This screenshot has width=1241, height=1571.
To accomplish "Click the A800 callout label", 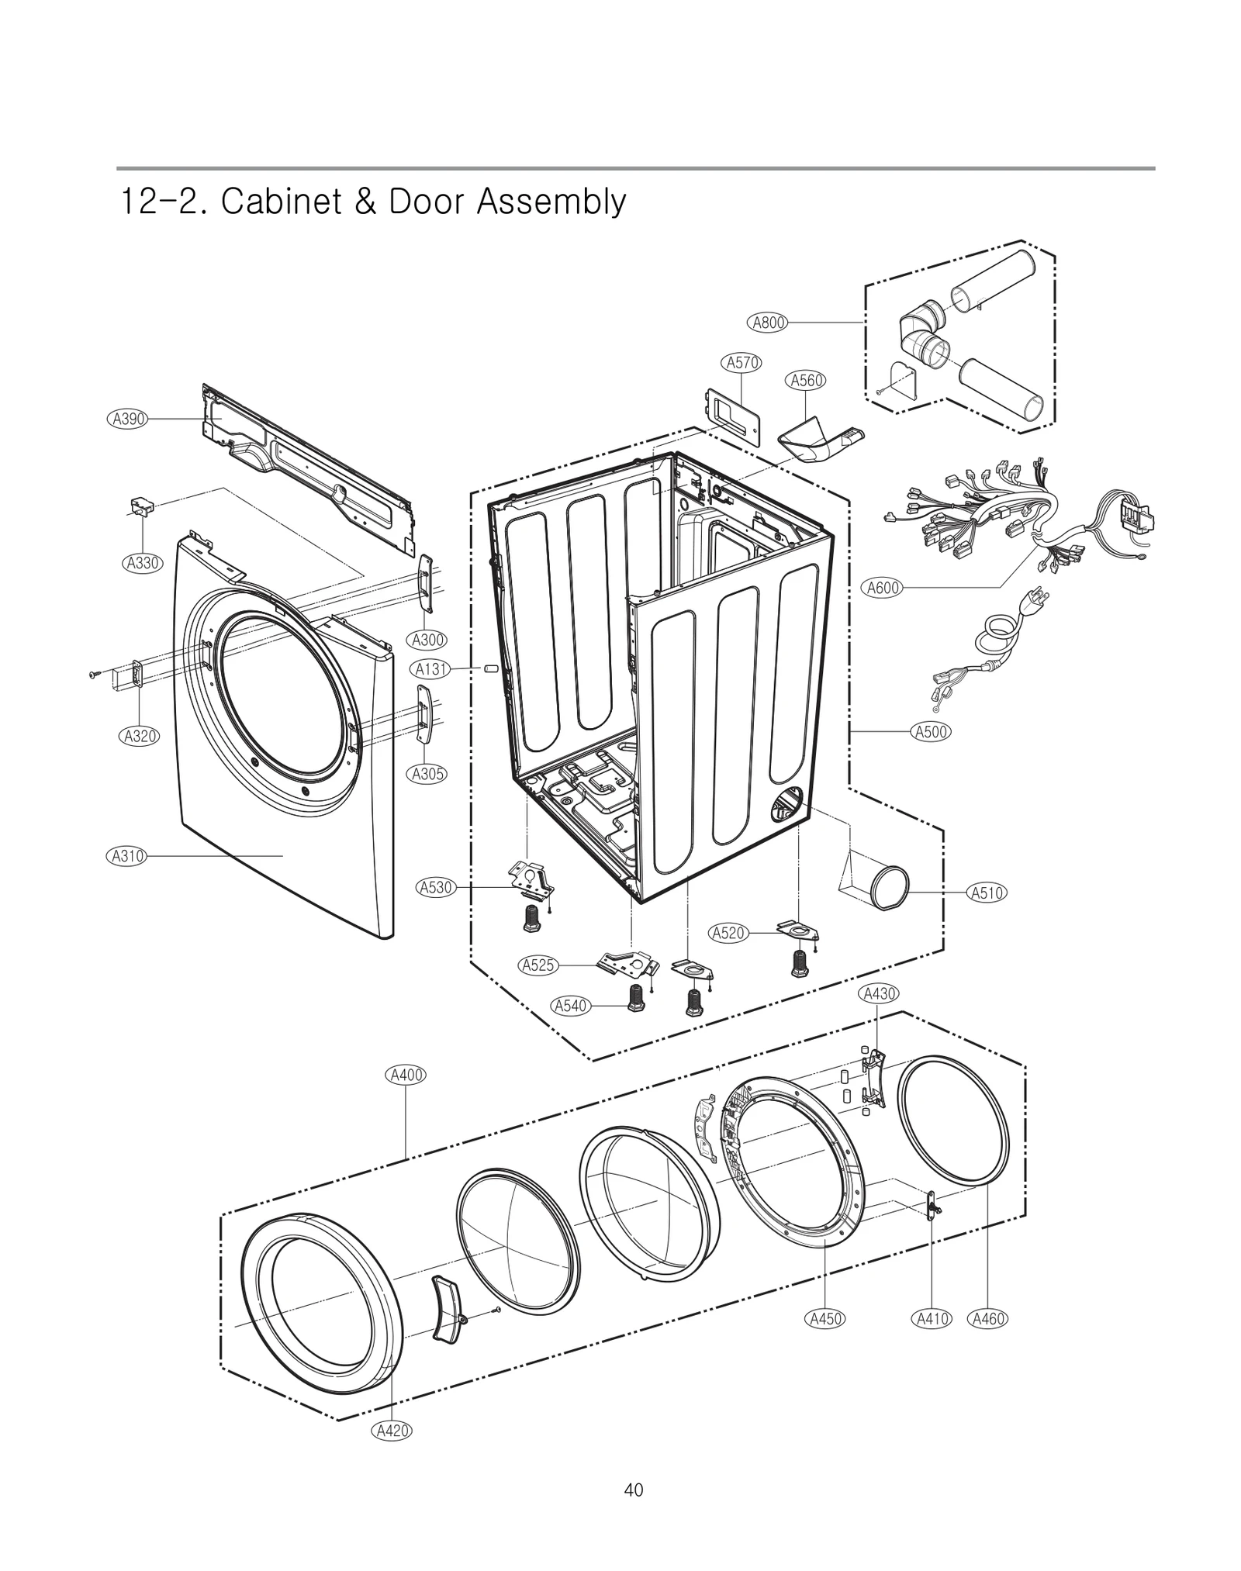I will tap(768, 323).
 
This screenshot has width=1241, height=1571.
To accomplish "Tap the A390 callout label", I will tap(126, 419).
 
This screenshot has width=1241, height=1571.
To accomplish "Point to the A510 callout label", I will tap(987, 893).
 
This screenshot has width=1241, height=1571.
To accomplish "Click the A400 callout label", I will tap(406, 1075).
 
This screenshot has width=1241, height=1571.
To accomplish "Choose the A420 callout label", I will tap(392, 1431).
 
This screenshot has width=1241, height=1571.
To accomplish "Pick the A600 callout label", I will tap(883, 588).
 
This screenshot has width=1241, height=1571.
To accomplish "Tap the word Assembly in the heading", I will tap(551, 202).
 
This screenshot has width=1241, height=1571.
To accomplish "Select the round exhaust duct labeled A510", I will tap(889, 886).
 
